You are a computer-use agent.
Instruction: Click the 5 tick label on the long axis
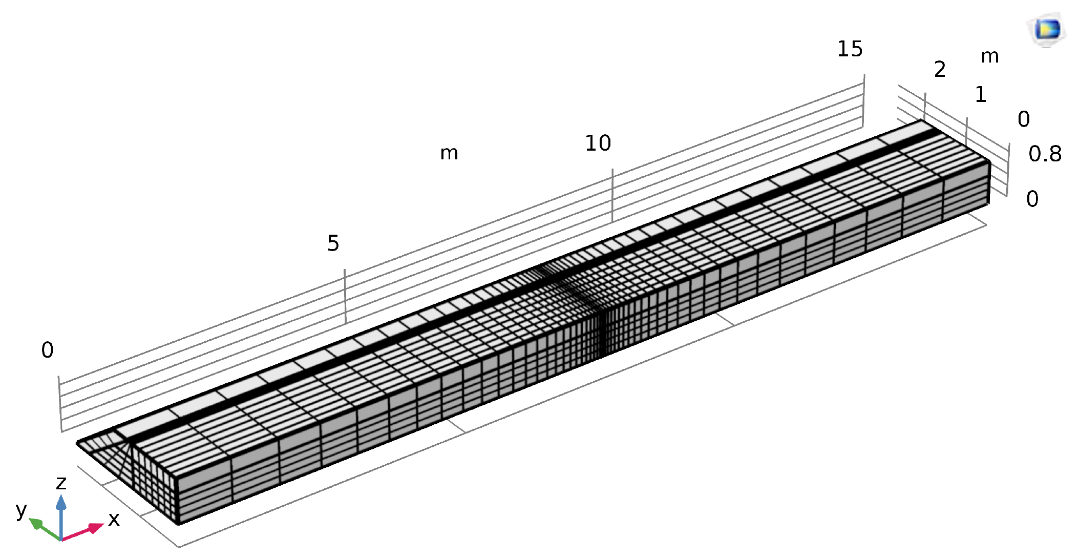click(x=333, y=243)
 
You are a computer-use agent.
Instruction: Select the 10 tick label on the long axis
click(x=598, y=143)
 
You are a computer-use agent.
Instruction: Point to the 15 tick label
click(x=850, y=49)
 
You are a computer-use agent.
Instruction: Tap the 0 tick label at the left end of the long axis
click(x=47, y=350)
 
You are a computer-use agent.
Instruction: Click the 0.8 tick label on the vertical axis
click(x=1045, y=154)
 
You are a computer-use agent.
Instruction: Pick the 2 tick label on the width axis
click(x=940, y=69)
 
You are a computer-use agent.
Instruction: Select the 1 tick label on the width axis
click(x=981, y=94)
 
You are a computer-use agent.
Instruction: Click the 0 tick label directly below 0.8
click(x=1032, y=199)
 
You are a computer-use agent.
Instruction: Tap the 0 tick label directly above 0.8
click(x=1024, y=119)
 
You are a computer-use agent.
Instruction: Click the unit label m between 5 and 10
click(x=449, y=153)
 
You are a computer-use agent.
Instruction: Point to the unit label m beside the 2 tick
click(x=990, y=56)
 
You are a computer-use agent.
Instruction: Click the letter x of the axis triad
click(x=114, y=520)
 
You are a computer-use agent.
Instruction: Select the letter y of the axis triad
click(x=21, y=510)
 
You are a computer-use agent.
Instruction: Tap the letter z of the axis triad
click(x=61, y=483)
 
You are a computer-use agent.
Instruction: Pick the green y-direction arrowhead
click(x=35, y=524)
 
